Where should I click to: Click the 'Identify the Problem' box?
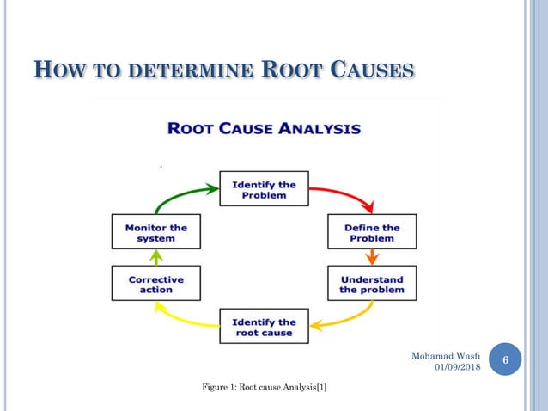(263, 189)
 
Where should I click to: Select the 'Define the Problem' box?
(371, 232)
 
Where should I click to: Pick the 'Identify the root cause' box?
(263, 327)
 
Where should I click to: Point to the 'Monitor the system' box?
(155, 232)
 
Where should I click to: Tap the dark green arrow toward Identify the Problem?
(180, 194)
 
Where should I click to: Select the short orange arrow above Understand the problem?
(372, 257)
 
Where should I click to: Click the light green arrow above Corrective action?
(155, 257)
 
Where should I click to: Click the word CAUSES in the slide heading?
(371, 69)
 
